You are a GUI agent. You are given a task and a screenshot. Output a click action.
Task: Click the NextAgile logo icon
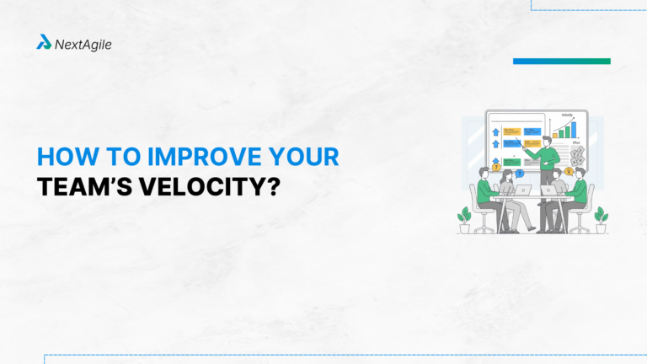tap(44, 42)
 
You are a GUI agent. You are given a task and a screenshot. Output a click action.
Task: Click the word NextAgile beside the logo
tap(83, 43)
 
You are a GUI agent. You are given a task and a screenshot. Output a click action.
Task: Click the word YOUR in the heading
tap(302, 158)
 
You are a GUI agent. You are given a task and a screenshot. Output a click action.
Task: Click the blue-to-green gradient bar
tap(561, 61)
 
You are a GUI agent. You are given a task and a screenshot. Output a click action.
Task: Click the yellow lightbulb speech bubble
tap(569, 171)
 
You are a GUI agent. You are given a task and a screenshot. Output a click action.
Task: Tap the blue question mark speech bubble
tap(520, 173)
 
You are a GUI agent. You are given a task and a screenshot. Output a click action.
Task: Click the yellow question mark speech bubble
tap(495, 168)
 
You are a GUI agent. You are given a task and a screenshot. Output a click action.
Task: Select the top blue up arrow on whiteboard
tap(495, 132)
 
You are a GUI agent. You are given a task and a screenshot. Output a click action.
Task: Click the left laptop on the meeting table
tap(523, 190)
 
